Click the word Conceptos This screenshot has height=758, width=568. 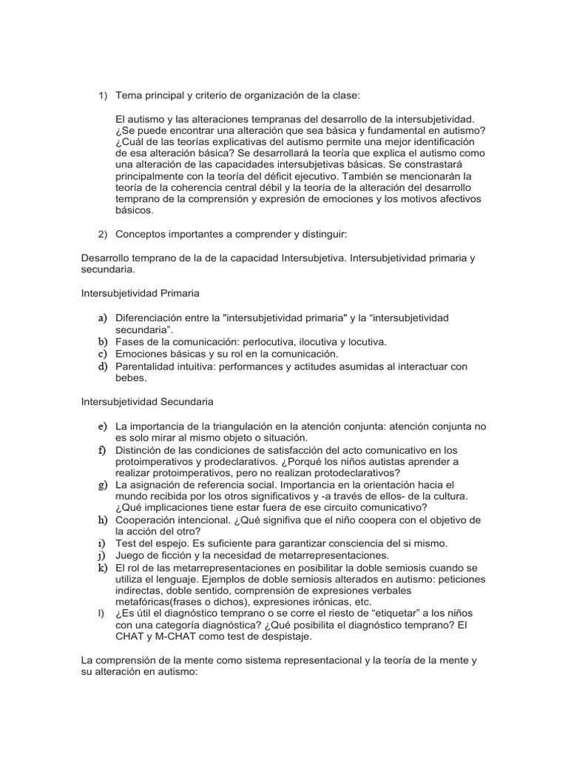[143, 234]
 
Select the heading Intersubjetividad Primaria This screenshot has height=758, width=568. [140, 293]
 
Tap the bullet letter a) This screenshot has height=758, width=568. [102, 318]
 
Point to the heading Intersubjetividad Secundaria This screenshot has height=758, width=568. [147, 402]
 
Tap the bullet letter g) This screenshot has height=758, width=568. [102, 485]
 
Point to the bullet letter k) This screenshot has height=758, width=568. [102, 568]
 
